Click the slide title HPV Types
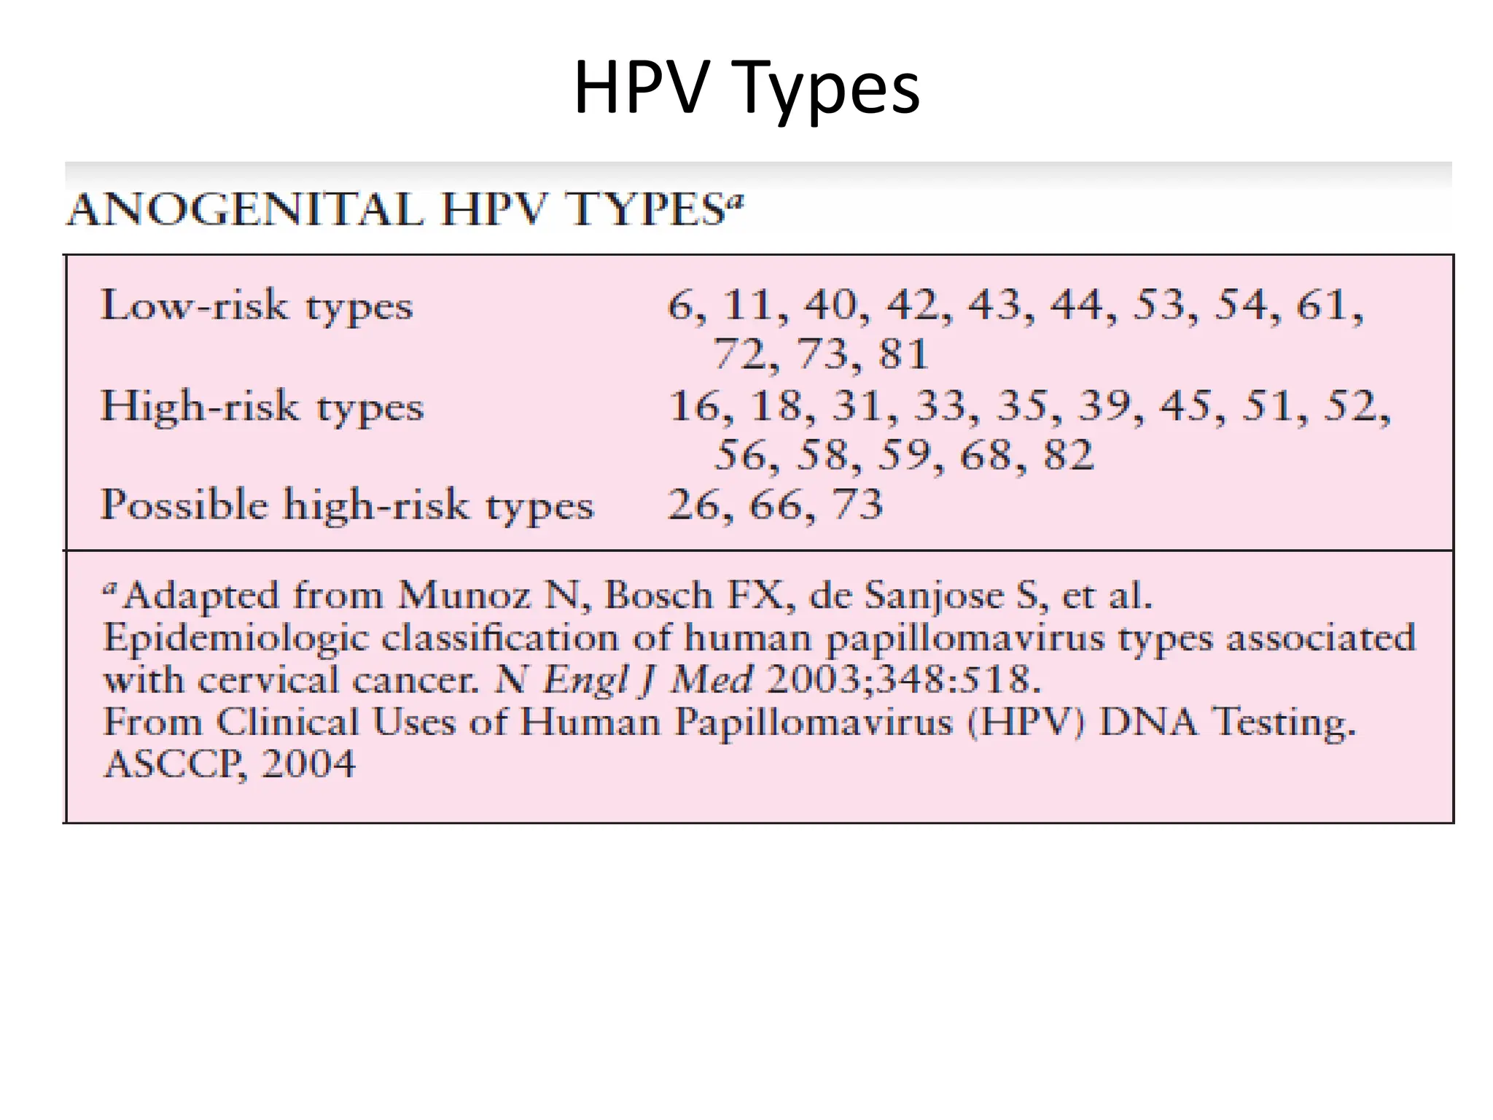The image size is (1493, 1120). coord(746,88)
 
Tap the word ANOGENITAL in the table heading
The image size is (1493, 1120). coord(245,210)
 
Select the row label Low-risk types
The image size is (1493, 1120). coord(257,306)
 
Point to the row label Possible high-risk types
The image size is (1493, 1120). coord(347,505)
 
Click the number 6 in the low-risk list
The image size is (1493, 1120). coord(679,305)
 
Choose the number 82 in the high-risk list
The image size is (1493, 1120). coord(1067,455)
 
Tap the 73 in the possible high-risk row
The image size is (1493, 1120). coord(857,505)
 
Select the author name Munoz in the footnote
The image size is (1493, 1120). coord(464,595)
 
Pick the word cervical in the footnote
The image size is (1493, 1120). coord(268,680)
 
